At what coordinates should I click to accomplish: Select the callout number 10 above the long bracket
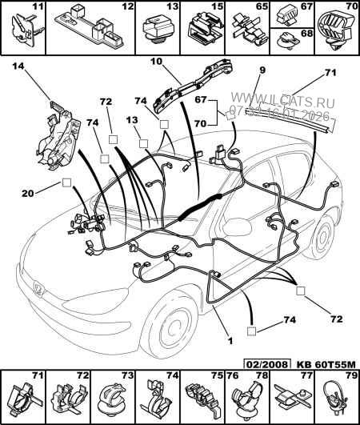point(158,60)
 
